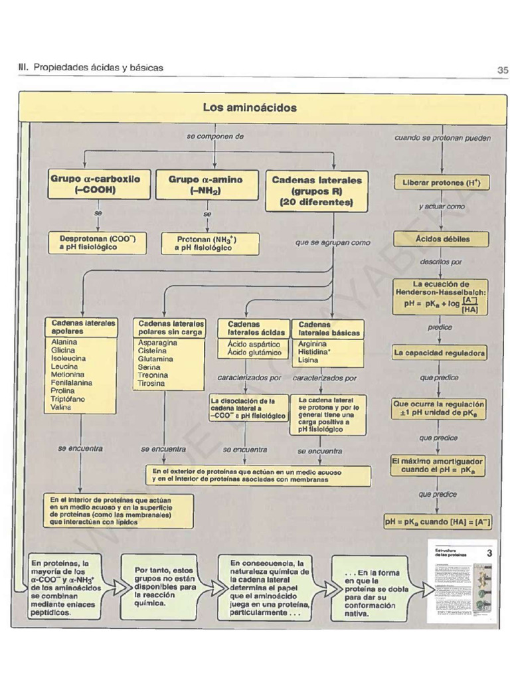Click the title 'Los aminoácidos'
[250, 107]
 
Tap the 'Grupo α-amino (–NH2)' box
[205, 185]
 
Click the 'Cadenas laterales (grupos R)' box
[317, 191]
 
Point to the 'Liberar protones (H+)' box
[442, 183]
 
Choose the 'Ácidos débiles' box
[442, 239]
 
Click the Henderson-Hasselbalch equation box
[441, 296]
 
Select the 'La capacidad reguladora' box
[439, 353]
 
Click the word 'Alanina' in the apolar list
[64, 342]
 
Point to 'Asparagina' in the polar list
[157, 343]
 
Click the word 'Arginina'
[313, 344]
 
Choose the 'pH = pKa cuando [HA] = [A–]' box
[438, 522]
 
